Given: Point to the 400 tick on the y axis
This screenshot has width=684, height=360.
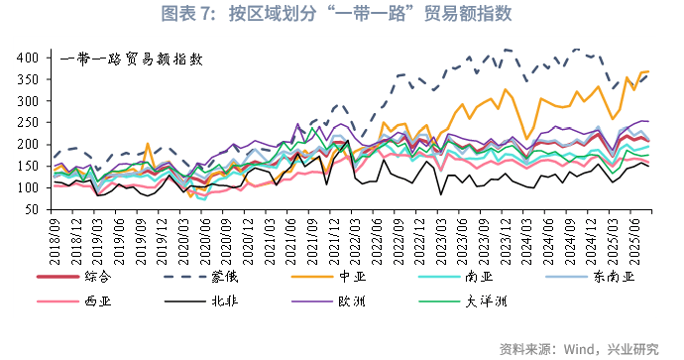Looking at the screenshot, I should pos(29,58).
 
